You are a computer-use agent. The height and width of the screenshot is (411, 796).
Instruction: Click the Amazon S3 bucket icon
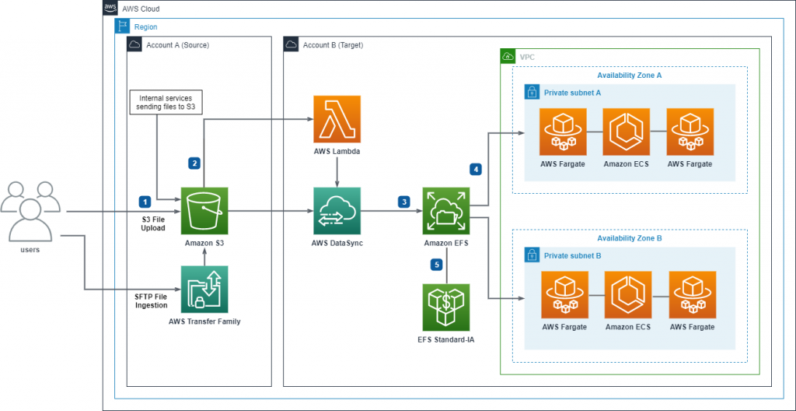(x=204, y=211)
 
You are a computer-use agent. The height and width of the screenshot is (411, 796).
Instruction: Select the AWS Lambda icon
(x=337, y=119)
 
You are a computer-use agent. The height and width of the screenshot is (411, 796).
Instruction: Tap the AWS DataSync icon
(x=337, y=211)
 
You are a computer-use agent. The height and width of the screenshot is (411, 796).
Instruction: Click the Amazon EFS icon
(x=445, y=211)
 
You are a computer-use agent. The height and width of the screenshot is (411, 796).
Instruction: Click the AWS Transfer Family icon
(x=204, y=288)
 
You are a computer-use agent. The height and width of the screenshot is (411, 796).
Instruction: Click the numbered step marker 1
(x=143, y=202)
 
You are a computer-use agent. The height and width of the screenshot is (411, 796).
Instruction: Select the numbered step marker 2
(x=194, y=163)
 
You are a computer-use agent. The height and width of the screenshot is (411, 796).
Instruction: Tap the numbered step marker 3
(x=403, y=202)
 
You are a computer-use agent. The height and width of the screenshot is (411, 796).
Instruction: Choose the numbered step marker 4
(x=476, y=168)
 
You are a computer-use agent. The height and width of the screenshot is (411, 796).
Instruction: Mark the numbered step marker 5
(x=436, y=265)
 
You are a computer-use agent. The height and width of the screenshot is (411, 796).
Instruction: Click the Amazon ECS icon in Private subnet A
(x=627, y=132)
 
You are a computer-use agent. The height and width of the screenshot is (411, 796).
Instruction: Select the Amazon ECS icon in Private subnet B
(x=627, y=294)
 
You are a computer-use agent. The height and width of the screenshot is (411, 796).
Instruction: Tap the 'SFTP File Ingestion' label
(x=150, y=300)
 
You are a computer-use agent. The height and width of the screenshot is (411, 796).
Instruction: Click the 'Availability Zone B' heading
(x=629, y=238)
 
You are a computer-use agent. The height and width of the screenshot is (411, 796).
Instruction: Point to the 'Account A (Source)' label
(x=177, y=45)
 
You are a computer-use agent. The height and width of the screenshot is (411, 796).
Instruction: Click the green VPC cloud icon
(x=508, y=57)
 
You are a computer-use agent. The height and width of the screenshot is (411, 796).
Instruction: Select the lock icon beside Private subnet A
(x=532, y=92)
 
